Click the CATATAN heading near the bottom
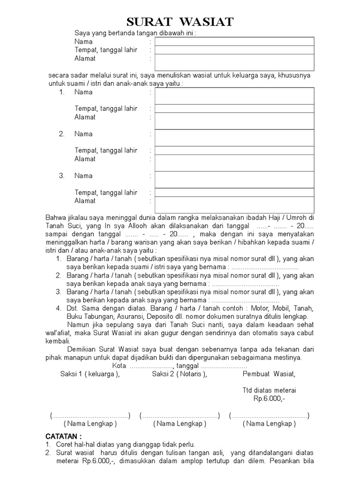(x=64, y=436)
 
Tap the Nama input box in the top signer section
(x=234, y=41)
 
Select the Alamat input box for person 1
(x=234, y=120)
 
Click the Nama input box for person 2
(x=234, y=138)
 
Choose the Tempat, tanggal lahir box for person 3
(x=234, y=192)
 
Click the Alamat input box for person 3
(x=234, y=204)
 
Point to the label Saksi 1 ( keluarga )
(x=90, y=374)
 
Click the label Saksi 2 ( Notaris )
(x=179, y=374)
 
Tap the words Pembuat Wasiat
(x=269, y=374)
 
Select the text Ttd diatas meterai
(x=269, y=390)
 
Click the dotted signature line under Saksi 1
(x=90, y=416)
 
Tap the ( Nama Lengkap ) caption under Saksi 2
(x=179, y=424)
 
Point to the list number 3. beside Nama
(x=61, y=176)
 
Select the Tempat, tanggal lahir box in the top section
(x=234, y=50)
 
